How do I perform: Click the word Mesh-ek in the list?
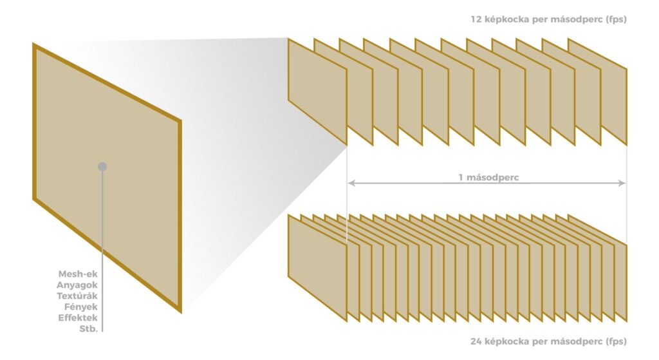78,274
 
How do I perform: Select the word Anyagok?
77,285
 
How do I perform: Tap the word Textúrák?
77,296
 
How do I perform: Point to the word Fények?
80,307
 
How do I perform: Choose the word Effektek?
78,318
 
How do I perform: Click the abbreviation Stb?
88,329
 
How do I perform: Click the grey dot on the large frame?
102,167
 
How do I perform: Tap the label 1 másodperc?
488,178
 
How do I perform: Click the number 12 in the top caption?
476,19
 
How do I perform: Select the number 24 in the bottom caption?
476,341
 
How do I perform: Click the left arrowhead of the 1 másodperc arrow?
351,183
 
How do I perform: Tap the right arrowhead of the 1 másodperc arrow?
622,183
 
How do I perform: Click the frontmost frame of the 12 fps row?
317,91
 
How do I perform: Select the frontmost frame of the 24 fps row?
317,268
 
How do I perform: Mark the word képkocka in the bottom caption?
506,342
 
